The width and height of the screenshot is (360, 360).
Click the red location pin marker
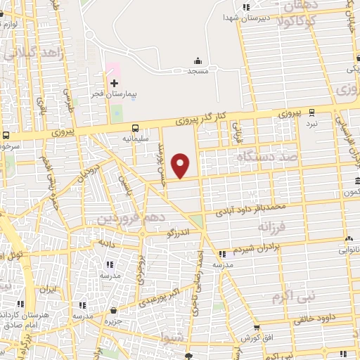[x=181, y=165]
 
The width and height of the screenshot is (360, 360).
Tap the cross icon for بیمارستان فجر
[x=115, y=83]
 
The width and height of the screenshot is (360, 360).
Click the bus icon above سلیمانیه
[x=136, y=128]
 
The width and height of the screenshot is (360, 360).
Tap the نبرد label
[x=312, y=123]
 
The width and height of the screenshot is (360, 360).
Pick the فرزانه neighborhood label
[x=274, y=228]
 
